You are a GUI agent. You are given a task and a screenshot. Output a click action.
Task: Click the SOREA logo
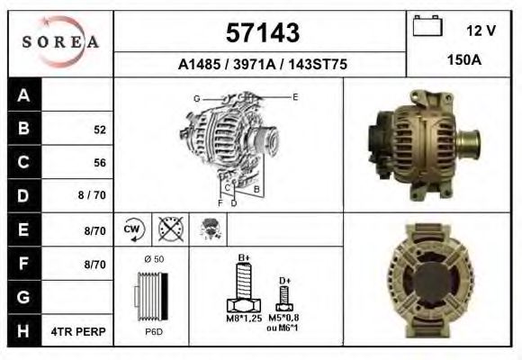click(x=60, y=41)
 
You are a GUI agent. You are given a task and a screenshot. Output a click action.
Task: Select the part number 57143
click(x=261, y=32)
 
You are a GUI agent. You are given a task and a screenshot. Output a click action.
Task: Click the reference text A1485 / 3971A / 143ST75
click(x=262, y=65)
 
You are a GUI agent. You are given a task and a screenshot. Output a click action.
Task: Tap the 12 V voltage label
click(x=481, y=31)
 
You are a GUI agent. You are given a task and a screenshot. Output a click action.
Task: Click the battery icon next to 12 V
click(x=426, y=27)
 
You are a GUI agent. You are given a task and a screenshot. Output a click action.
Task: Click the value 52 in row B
click(x=99, y=130)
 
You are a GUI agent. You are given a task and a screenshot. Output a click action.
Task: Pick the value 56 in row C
click(x=99, y=163)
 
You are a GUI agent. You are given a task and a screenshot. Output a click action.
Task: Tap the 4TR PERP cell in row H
click(x=79, y=331)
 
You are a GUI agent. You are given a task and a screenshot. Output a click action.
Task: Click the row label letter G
click(x=24, y=297)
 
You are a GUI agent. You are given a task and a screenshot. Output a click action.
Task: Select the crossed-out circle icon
click(x=169, y=229)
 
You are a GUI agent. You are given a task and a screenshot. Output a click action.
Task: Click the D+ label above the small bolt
click(x=284, y=281)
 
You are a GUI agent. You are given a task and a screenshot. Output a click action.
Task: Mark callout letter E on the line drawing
click(x=294, y=95)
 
